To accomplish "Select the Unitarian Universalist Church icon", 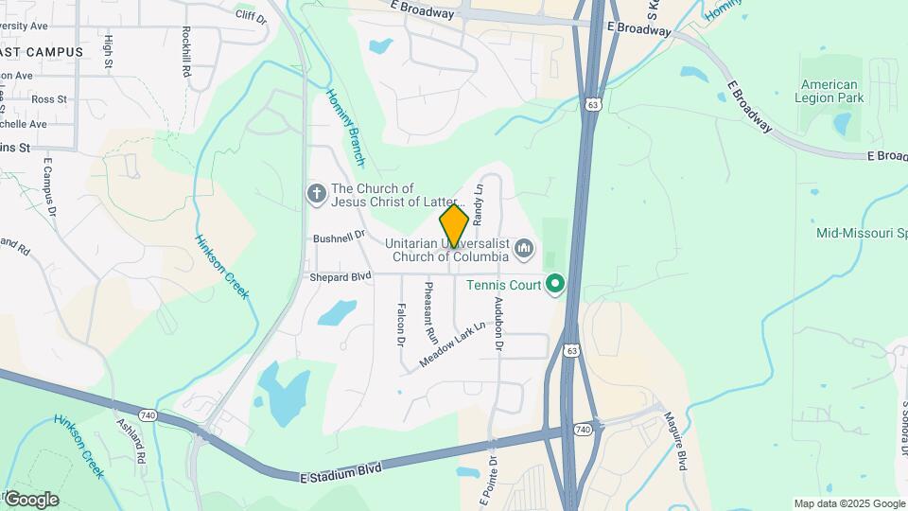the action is click(x=524, y=250).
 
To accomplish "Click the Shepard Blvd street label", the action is click(x=340, y=277).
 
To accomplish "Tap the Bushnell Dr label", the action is click(x=339, y=239).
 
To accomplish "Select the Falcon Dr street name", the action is click(x=401, y=323).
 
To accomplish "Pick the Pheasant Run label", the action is click(x=430, y=311).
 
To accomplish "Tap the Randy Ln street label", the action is click(x=479, y=203).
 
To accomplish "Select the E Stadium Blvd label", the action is click(x=340, y=469).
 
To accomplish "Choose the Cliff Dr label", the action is click(x=251, y=15).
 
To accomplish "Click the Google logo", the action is click(x=31, y=499).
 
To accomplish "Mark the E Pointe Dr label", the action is click(x=492, y=477).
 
